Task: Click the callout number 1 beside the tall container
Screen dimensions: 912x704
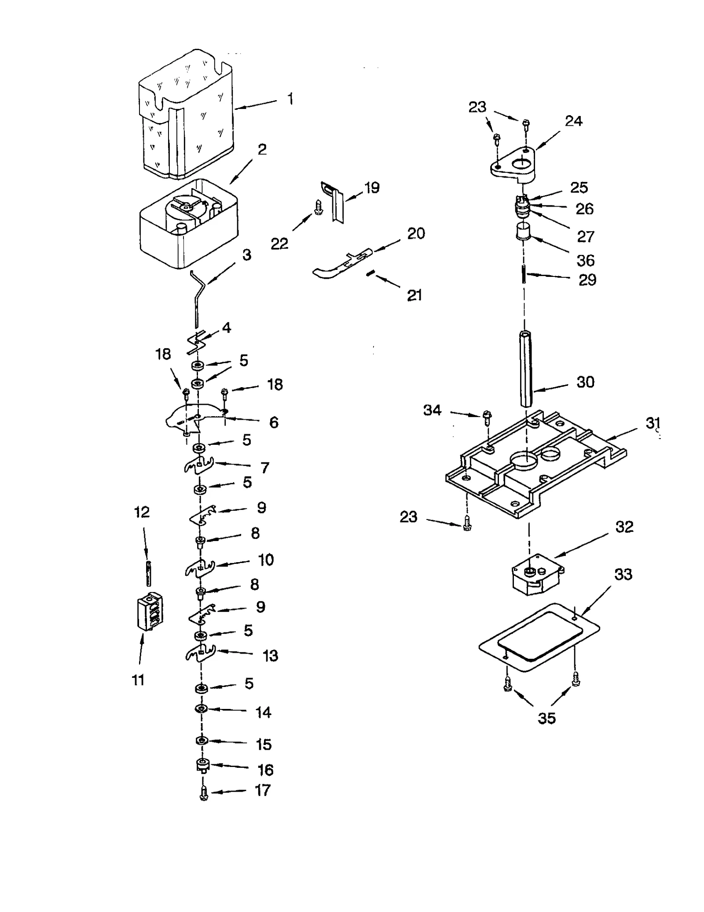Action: (290, 99)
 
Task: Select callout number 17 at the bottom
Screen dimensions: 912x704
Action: (263, 790)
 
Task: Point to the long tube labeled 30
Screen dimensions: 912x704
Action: (526, 369)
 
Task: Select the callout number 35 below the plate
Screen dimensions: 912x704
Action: (546, 718)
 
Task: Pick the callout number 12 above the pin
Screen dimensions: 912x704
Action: (142, 512)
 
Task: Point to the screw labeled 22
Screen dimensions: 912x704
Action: (318, 207)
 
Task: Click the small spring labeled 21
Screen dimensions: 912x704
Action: (370, 273)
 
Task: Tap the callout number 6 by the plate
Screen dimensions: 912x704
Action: (274, 422)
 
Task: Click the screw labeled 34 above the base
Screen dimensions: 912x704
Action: (487, 417)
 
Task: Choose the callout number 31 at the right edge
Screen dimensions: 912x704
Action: (653, 423)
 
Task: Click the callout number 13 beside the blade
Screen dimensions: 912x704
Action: (270, 656)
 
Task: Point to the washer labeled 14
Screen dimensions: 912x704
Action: (201, 709)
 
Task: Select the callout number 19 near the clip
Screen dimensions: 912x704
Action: (372, 188)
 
